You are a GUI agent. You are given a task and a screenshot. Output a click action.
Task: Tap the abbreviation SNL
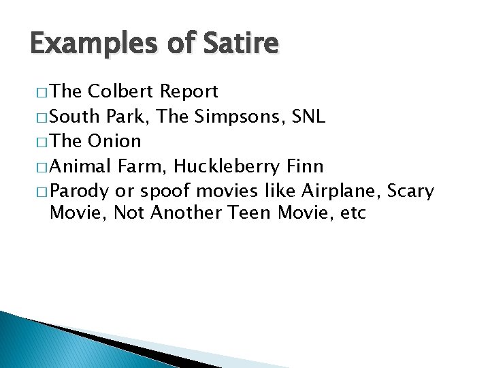tap(308, 116)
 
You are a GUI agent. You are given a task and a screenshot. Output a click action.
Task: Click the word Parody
tap(80, 190)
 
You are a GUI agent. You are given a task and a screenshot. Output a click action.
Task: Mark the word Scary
tap(410, 190)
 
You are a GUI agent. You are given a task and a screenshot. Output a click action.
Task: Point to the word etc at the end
tap(353, 213)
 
